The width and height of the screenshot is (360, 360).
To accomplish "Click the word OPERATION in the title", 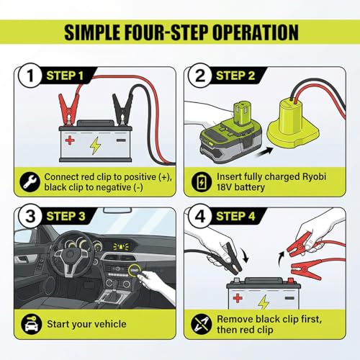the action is [256, 32].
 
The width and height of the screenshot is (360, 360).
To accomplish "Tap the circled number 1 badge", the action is [30, 76].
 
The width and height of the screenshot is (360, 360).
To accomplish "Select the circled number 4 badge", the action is [200, 216].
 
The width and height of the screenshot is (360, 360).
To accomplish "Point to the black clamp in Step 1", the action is [122, 109].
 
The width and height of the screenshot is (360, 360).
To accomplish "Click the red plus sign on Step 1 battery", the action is [70, 140].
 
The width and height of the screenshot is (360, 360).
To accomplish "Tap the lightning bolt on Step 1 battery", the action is [95, 145].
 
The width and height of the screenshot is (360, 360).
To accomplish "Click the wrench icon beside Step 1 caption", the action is [30, 182].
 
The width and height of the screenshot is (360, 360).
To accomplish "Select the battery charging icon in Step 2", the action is [202, 181].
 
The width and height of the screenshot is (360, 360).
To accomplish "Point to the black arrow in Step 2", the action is [265, 152].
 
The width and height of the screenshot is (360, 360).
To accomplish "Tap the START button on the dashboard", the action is [134, 270].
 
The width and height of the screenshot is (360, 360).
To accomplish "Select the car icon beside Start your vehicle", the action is [31, 324].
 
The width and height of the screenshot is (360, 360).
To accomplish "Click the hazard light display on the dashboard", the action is [121, 247].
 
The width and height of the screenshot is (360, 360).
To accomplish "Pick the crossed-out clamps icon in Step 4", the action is [201, 324].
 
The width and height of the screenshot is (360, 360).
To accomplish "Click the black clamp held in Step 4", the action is [231, 258].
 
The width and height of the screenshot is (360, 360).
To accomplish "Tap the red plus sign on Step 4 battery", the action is [238, 298].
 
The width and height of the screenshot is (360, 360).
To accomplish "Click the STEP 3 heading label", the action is [66, 216].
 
